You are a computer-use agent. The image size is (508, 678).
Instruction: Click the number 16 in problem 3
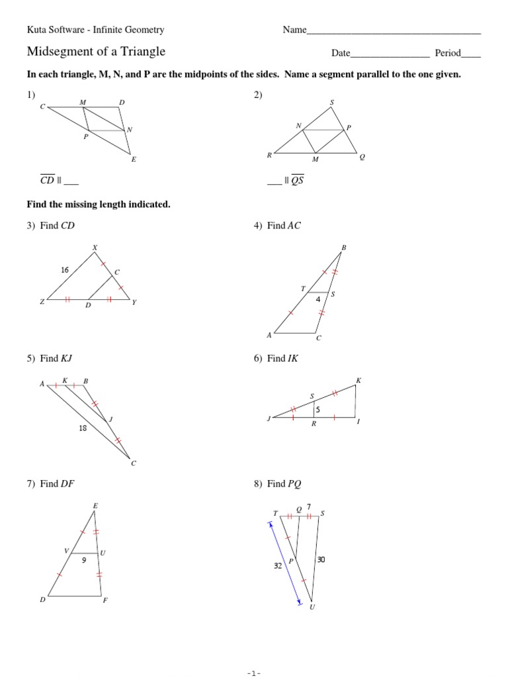click(x=65, y=270)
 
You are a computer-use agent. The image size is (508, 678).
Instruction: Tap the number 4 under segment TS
click(x=317, y=299)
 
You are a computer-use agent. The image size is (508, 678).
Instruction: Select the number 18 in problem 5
click(x=83, y=428)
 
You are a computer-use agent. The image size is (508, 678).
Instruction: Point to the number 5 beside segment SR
click(x=317, y=410)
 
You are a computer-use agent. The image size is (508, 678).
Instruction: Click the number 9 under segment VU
click(x=85, y=560)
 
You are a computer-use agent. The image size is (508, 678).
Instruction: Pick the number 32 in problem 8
click(x=278, y=565)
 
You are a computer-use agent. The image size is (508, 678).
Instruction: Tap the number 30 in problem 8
click(x=321, y=559)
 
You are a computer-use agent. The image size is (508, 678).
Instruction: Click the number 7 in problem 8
click(x=309, y=507)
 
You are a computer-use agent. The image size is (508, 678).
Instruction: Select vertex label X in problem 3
click(x=95, y=248)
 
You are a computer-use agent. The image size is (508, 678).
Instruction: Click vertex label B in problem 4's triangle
click(x=343, y=248)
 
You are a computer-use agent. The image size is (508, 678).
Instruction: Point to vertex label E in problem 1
click(x=134, y=159)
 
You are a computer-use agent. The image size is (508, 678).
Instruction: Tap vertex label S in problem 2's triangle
click(x=331, y=103)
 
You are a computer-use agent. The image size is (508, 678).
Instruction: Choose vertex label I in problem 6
click(x=358, y=421)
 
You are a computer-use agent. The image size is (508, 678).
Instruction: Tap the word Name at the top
click(x=294, y=30)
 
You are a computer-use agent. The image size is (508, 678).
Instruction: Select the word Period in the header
click(x=447, y=53)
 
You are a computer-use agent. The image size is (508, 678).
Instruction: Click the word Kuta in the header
click(x=37, y=30)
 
